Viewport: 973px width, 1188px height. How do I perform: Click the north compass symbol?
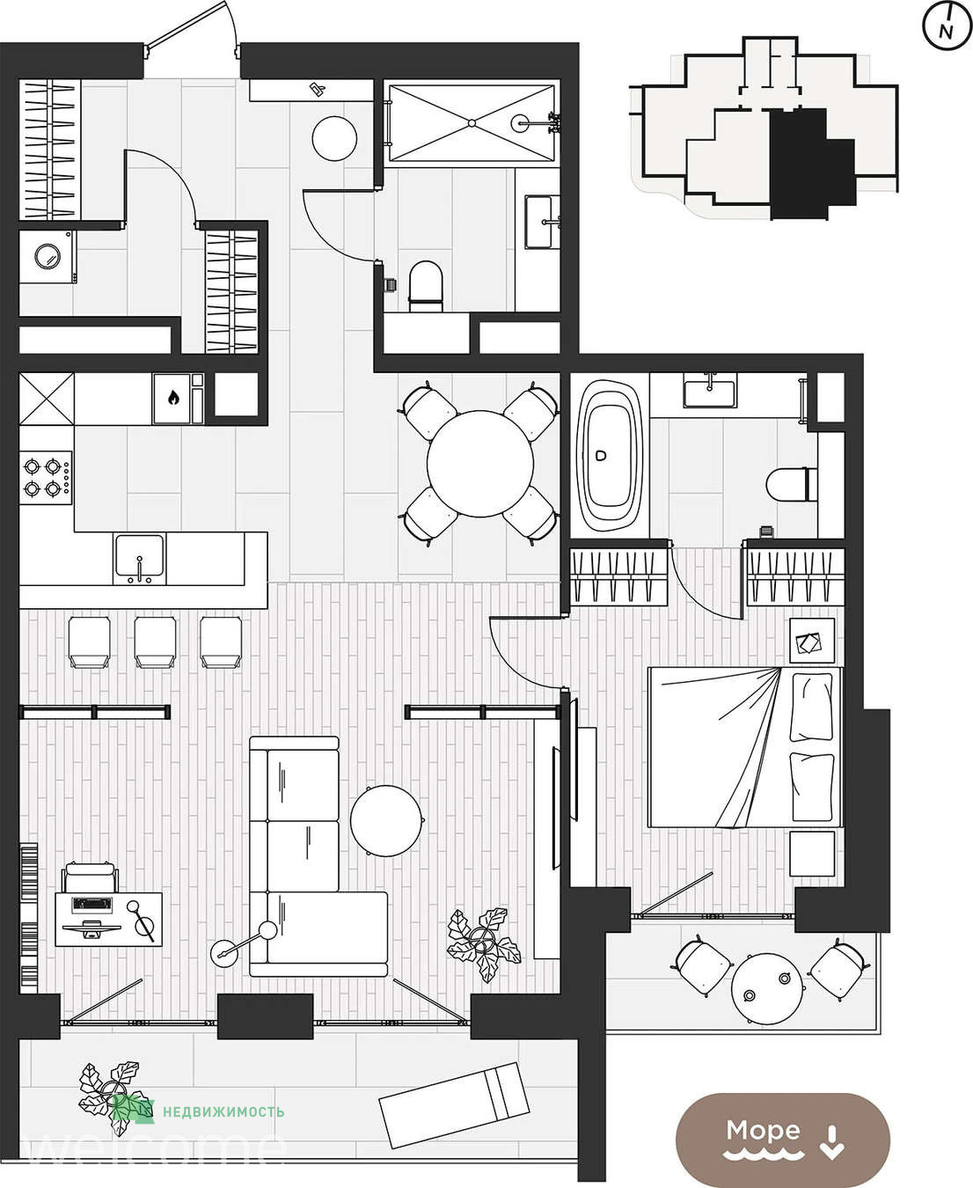(x=946, y=27)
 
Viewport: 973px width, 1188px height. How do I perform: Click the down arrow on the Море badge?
(x=831, y=1141)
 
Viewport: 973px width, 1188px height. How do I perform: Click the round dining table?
(x=479, y=463)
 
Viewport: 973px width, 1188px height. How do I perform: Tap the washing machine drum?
(x=48, y=257)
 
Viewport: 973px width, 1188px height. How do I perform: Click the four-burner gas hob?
(x=46, y=478)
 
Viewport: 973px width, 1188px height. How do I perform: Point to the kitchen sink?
(x=140, y=559)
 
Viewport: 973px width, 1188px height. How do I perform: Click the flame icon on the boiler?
(x=173, y=399)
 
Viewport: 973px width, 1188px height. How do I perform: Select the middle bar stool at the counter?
(x=155, y=642)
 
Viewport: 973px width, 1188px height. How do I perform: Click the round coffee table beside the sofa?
(x=386, y=821)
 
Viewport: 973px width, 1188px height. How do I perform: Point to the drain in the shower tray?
(x=472, y=123)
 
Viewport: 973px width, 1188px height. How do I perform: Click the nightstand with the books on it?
(x=811, y=641)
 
